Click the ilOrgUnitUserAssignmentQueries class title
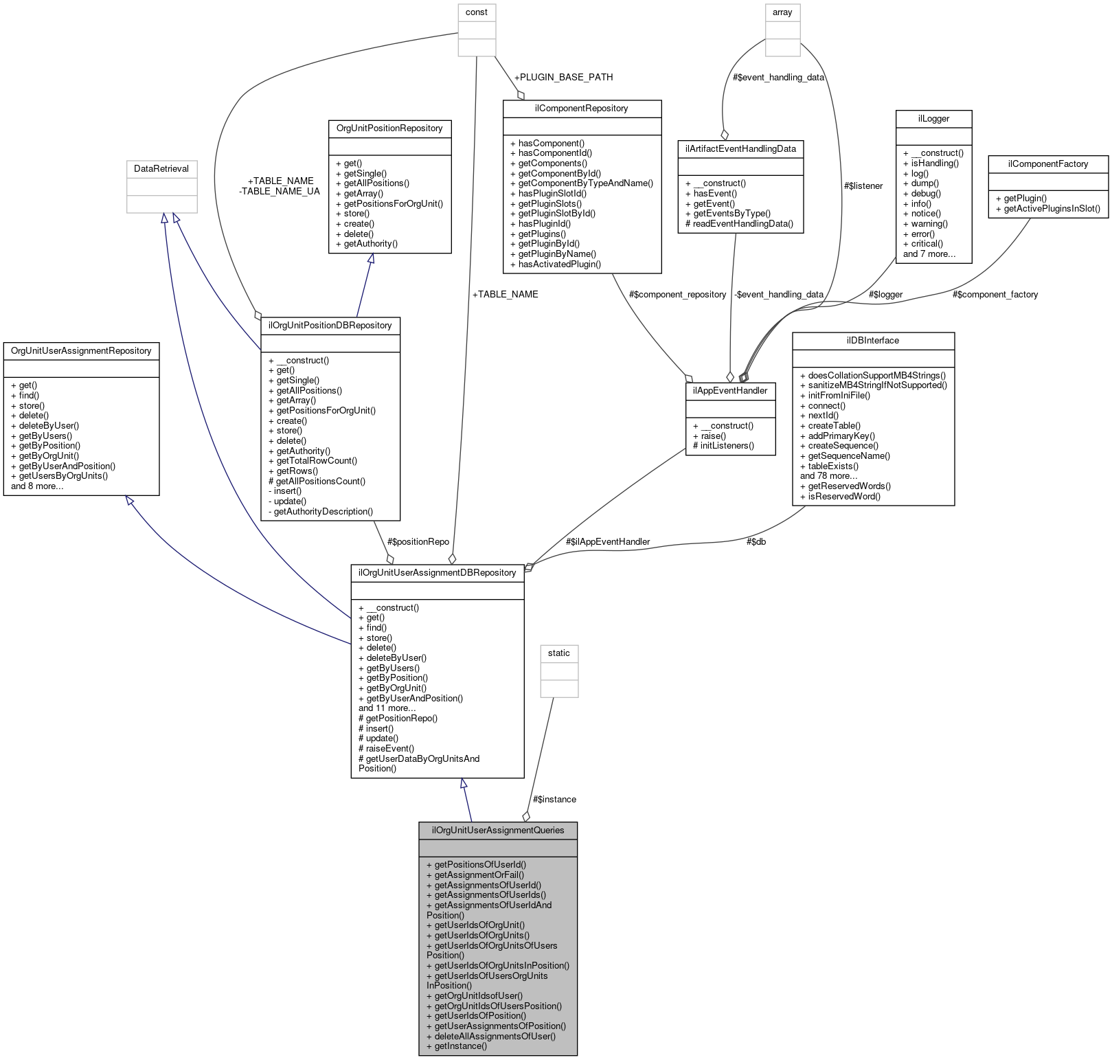[x=497, y=830]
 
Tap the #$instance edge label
[x=554, y=799]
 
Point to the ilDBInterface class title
[x=872, y=340]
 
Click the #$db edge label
[x=756, y=541]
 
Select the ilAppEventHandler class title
[x=730, y=390]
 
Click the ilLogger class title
[x=933, y=118]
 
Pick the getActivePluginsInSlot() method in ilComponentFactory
[x=1052, y=208]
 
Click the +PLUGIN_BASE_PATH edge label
[x=563, y=77]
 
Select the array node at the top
[x=782, y=12]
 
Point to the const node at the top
[x=476, y=12]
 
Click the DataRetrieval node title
[x=161, y=168]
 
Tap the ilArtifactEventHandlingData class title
[x=740, y=148]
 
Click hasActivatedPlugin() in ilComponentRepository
[x=559, y=264]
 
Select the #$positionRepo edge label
[x=418, y=541]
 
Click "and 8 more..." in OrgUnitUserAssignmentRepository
[x=37, y=486]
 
